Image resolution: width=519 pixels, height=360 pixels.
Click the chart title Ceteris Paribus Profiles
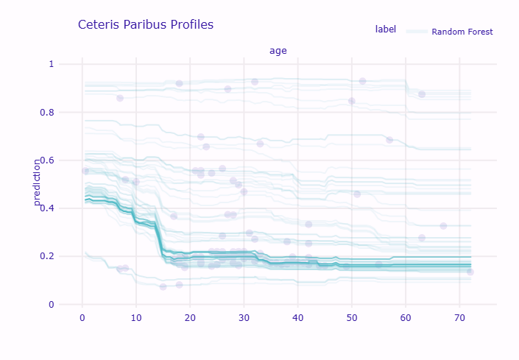tap(146, 25)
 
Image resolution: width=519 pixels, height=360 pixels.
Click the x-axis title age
tap(278, 51)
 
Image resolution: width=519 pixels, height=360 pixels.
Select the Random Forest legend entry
tap(462, 32)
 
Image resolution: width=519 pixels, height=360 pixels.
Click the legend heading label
tap(385, 29)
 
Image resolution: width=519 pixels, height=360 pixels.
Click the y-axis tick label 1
tap(52, 64)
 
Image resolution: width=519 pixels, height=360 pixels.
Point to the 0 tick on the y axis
tap(52, 305)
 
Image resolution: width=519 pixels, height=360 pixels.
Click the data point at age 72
tap(470, 272)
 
